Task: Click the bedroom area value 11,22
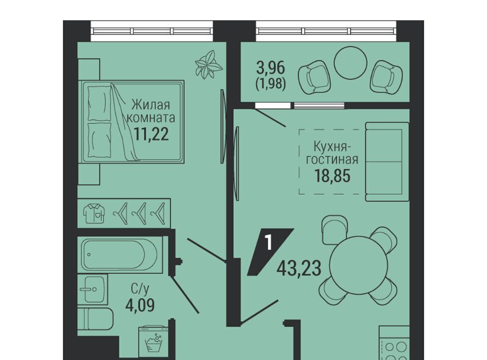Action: (151, 134)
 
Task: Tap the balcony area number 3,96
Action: (270, 67)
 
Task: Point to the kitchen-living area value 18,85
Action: (332, 175)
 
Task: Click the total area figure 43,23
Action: (299, 268)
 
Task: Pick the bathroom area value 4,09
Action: (140, 305)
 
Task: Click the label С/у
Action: (140, 289)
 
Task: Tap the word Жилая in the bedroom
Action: (151, 105)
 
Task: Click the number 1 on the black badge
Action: (269, 242)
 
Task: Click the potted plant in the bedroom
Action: (208, 64)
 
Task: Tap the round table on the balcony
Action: (351, 63)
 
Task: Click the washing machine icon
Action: (154, 341)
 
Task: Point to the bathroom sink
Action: (92, 290)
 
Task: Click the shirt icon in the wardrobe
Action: (94, 213)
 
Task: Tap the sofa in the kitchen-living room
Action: (387, 161)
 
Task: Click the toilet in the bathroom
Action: (95, 319)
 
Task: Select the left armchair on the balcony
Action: (314, 77)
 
